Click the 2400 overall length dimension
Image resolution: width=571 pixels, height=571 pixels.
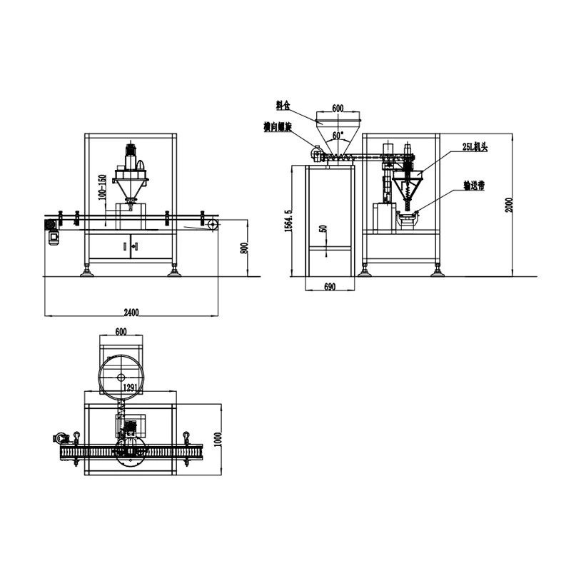(x=131, y=311)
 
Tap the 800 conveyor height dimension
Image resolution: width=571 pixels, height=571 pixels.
(x=243, y=248)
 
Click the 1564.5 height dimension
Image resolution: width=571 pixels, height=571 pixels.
(x=288, y=220)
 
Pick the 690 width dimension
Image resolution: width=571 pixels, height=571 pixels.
(x=329, y=286)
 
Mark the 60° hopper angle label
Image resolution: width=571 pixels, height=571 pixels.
(x=337, y=133)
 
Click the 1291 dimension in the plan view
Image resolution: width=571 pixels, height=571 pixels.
(x=130, y=388)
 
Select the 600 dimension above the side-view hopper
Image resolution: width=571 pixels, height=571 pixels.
(x=338, y=108)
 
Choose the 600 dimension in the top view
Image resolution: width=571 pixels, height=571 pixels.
(x=120, y=331)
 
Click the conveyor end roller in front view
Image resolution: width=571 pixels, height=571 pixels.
(x=213, y=224)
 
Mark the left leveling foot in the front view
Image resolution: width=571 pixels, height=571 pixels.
(x=87, y=271)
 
